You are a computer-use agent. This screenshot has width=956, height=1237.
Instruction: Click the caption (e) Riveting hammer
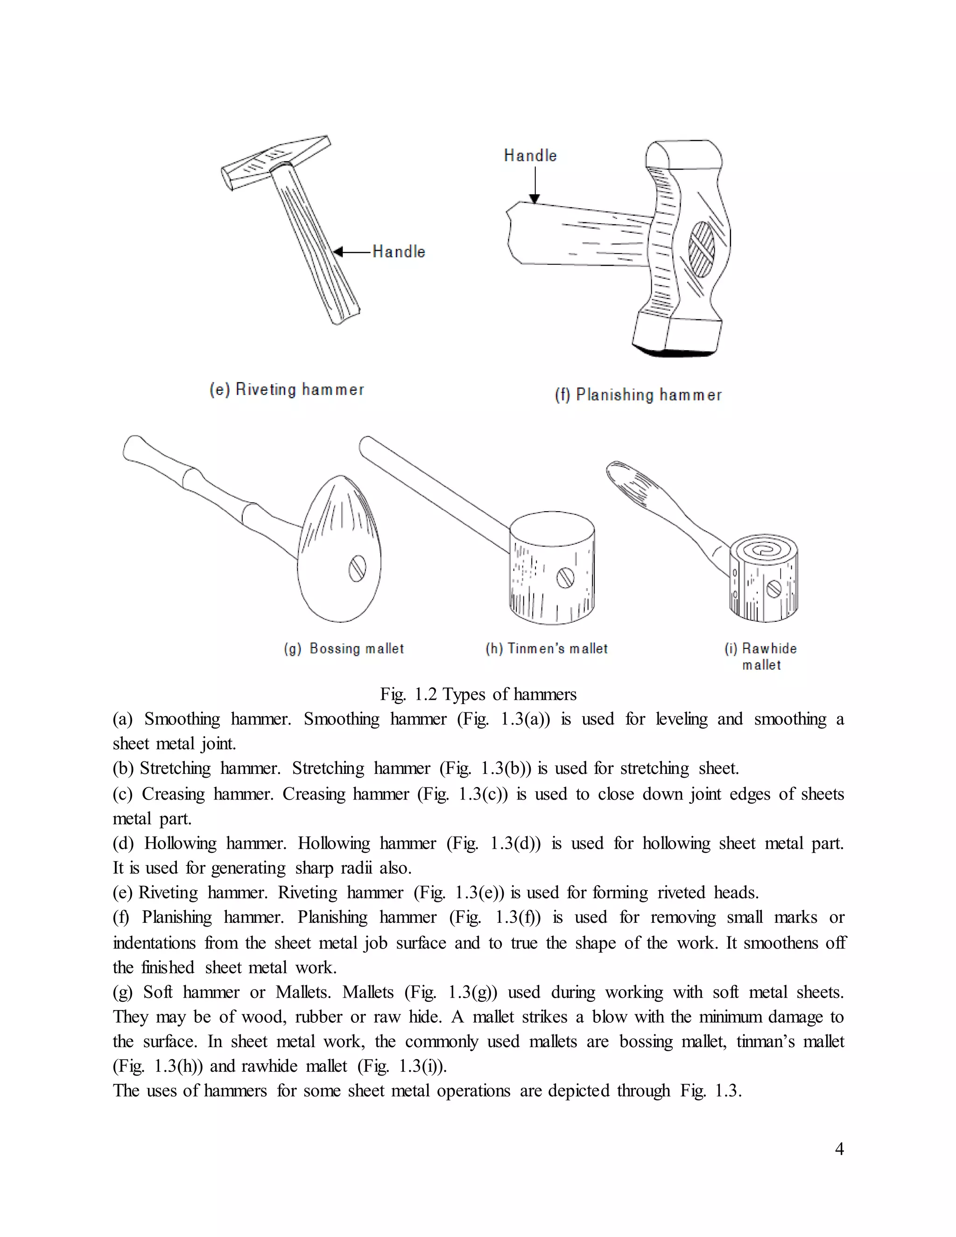coord(287,390)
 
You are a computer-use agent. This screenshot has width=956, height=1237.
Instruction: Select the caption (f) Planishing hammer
coord(638,395)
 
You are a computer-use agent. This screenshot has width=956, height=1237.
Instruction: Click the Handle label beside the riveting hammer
coord(399,252)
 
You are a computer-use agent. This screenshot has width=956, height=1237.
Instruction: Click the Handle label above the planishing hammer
coord(530,156)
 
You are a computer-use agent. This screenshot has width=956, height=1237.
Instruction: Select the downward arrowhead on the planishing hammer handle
coord(534,198)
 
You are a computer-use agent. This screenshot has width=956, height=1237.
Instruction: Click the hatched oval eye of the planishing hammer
coord(701,248)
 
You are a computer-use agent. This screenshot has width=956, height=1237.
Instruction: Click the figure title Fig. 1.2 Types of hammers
coord(478,695)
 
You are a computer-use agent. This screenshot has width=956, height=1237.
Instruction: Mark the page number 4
coord(839,1149)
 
